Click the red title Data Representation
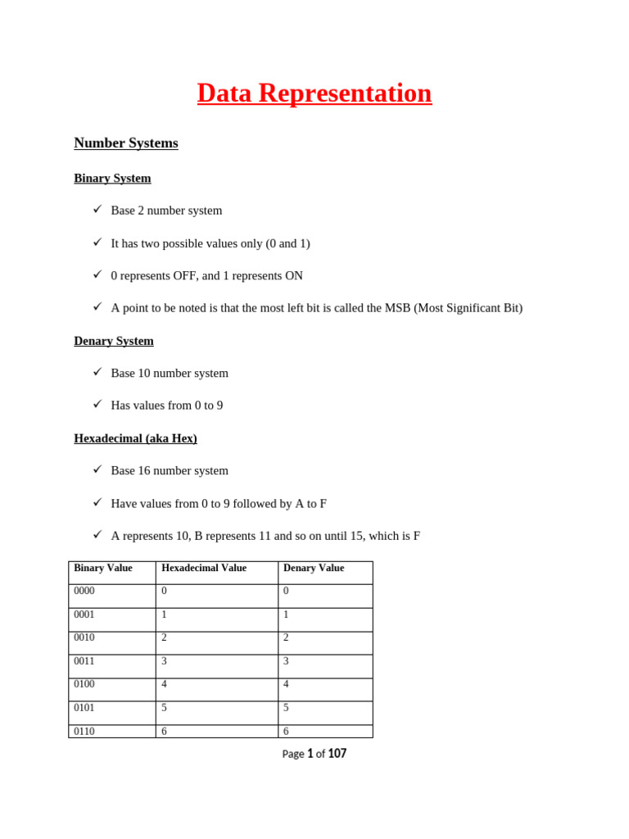click(x=314, y=93)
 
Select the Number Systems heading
click(x=125, y=143)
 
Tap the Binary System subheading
click(x=112, y=179)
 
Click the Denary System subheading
click(x=114, y=341)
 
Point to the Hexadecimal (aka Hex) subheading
click(x=135, y=438)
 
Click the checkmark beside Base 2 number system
click(x=97, y=210)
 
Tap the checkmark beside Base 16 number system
click(x=97, y=469)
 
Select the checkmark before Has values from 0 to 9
click(x=97, y=404)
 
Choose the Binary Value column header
click(x=103, y=569)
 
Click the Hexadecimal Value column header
click(x=204, y=569)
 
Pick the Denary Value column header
click(x=314, y=569)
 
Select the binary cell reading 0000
click(x=84, y=592)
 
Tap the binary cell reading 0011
click(x=84, y=662)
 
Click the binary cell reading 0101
click(x=84, y=709)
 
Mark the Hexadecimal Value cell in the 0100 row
click(x=164, y=685)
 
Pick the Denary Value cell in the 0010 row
click(x=287, y=638)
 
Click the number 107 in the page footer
click(x=337, y=754)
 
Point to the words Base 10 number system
click(x=170, y=374)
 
